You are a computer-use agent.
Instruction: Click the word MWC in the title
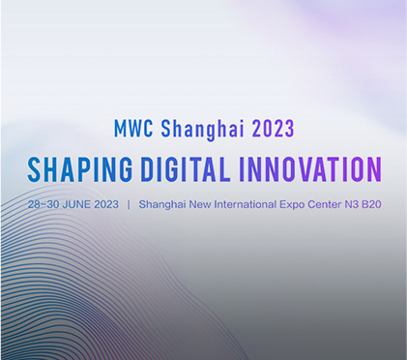[131, 129]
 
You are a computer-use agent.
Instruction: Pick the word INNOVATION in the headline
[309, 169]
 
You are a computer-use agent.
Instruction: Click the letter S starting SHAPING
[34, 169]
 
